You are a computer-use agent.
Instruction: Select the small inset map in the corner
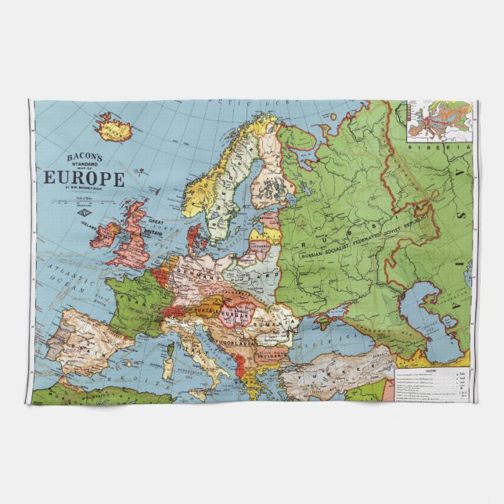tap(439, 121)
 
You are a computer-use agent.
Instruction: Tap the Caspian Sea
tap(427, 313)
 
